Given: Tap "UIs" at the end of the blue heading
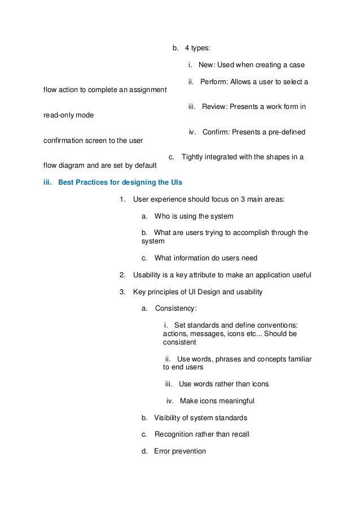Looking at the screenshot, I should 176,182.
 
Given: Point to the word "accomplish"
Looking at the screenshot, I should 243,232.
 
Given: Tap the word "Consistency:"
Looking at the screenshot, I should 176,308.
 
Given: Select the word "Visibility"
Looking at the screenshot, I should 168,418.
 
